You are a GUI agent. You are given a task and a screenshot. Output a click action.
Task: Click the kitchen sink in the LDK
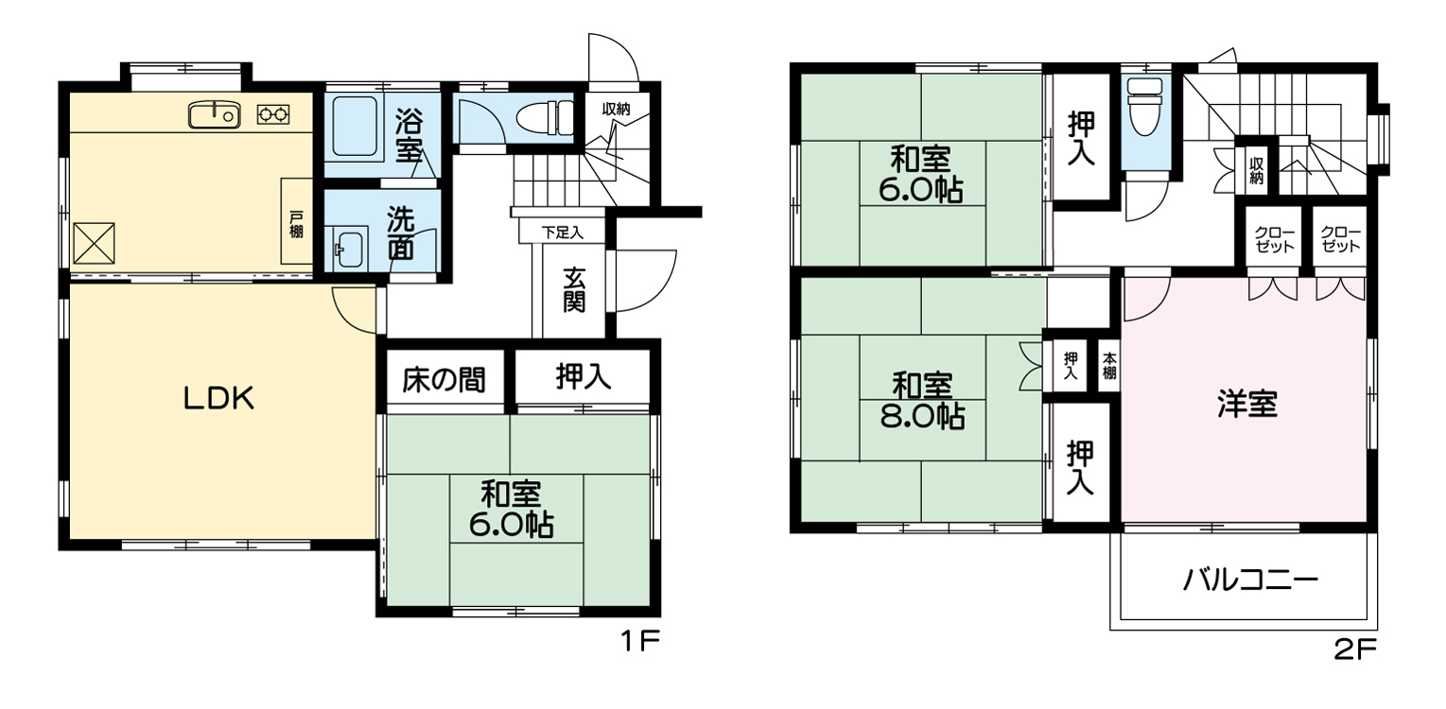coord(215,114)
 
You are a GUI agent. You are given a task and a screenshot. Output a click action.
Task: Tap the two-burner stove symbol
coord(273,114)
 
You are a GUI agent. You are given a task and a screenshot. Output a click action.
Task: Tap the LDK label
coord(219,398)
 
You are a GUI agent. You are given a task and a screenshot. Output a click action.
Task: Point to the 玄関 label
coord(574,289)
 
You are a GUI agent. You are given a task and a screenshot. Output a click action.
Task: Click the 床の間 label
coord(444,380)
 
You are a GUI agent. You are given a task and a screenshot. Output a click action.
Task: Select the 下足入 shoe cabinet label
coord(563,233)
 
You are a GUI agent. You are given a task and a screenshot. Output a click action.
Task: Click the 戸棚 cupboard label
coord(296,223)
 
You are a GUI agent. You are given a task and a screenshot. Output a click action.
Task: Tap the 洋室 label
coord(1247,404)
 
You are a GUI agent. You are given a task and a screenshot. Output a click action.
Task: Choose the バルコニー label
coord(1250,580)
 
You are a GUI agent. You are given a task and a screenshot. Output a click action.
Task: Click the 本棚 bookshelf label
coord(1108,365)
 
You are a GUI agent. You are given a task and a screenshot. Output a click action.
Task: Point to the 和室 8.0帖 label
coord(923,401)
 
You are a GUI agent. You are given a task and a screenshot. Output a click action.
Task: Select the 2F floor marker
coord(1355,650)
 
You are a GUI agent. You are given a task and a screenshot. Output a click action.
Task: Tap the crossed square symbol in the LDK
coord(94,243)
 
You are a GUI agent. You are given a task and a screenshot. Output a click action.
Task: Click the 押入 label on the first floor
coord(583,376)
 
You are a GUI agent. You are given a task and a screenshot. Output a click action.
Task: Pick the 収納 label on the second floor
coord(1256,170)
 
